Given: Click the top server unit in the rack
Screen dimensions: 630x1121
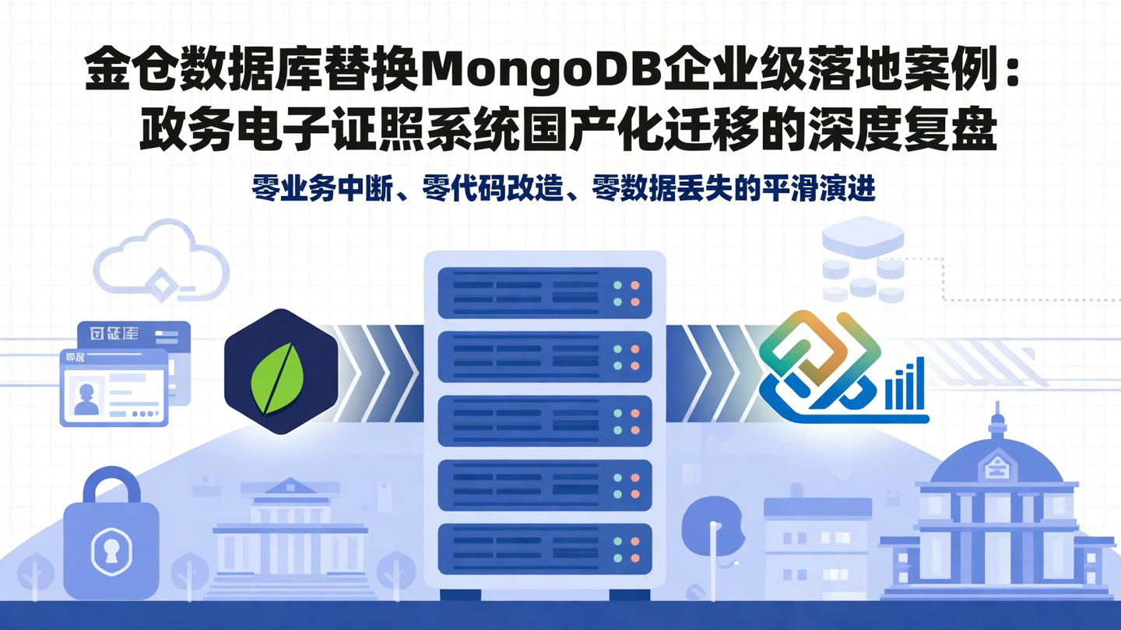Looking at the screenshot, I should pos(544,293).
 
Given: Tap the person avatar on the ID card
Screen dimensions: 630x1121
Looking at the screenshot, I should pos(86,397).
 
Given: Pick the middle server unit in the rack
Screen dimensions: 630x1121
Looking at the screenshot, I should pos(544,421).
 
